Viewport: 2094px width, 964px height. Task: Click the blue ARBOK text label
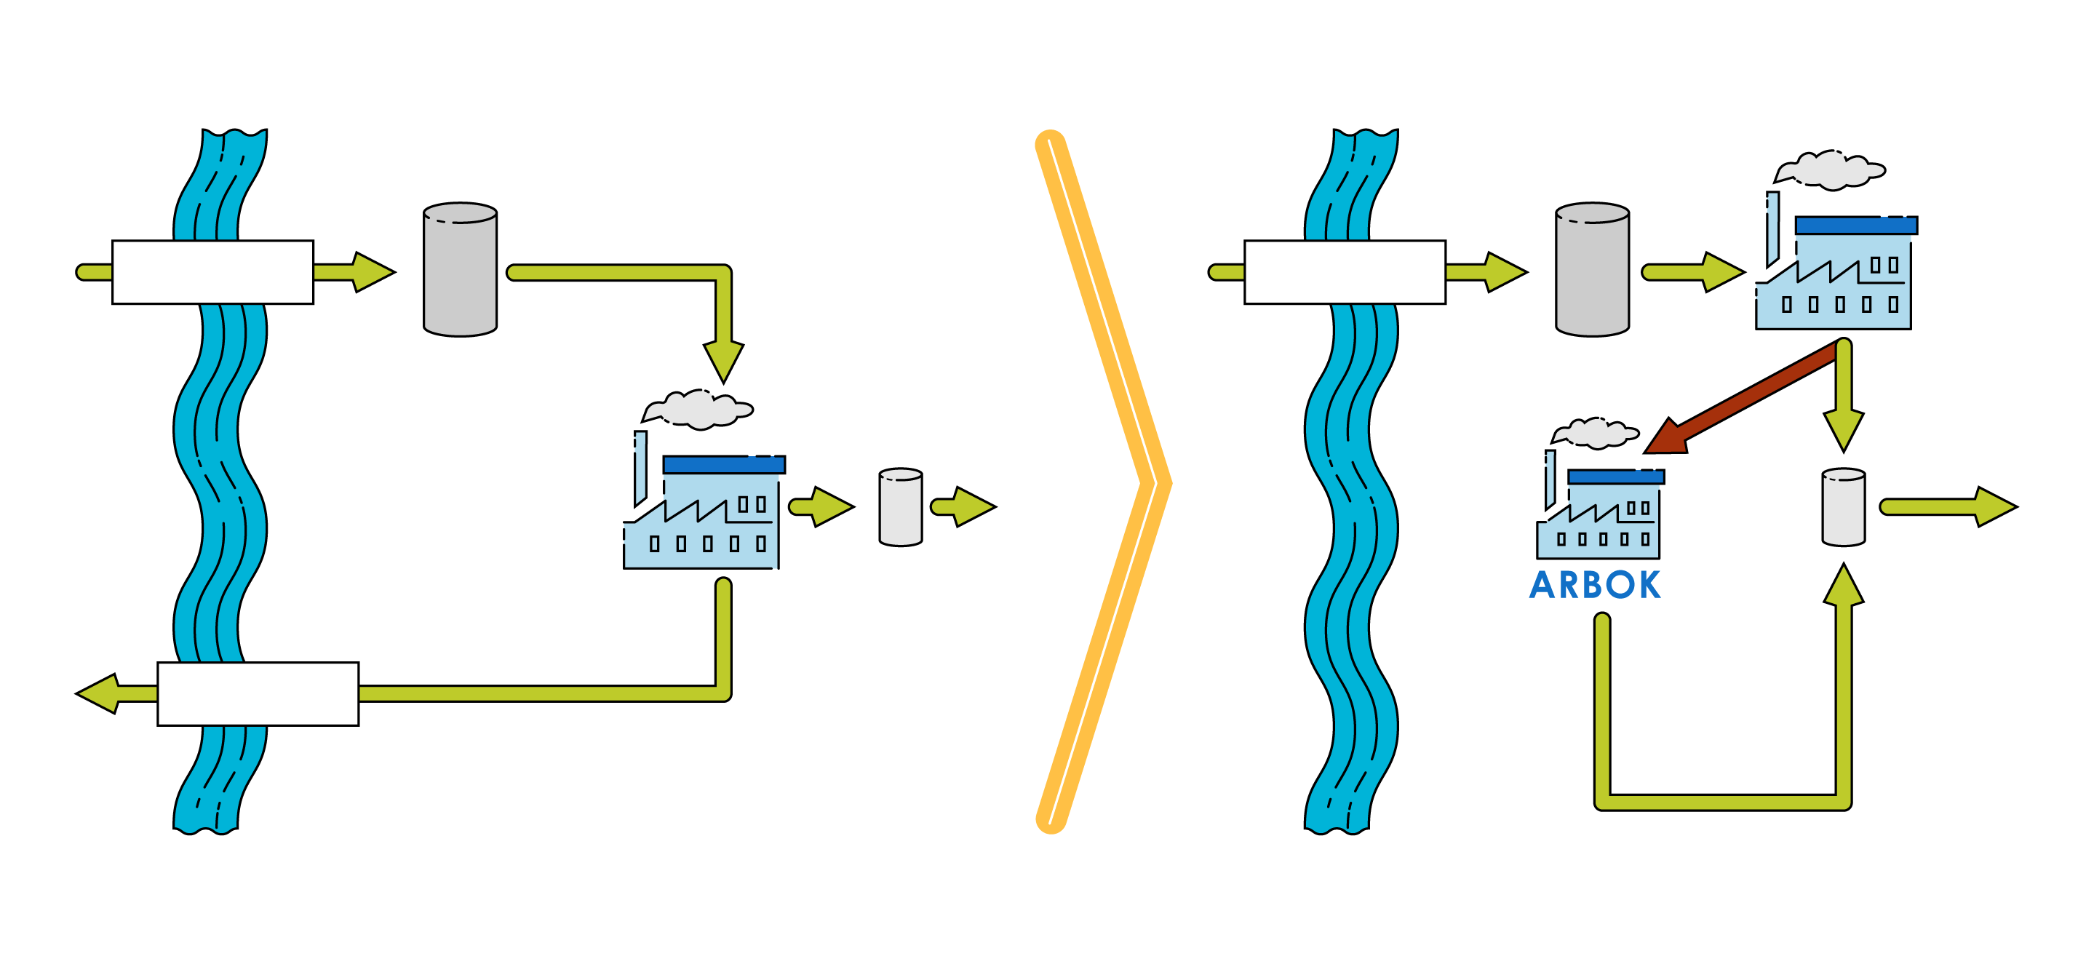tap(1595, 585)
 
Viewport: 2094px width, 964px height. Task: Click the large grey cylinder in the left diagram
tap(460, 270)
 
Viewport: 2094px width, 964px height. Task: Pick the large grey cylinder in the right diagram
tap(1592, 270)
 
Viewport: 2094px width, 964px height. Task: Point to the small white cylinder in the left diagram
tap(901, 507)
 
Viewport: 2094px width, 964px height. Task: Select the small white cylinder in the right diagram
tap(1844, 507)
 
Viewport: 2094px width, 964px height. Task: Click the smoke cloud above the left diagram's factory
tap(699, 409)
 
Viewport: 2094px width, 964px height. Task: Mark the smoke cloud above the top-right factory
tap(1831, 170)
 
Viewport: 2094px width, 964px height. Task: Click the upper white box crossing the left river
tap(212, 272)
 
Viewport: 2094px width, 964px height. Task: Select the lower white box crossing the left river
tap(258, 693)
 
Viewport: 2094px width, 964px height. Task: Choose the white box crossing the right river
tap(1345, 272)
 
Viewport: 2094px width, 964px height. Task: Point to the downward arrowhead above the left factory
tap(723, 360)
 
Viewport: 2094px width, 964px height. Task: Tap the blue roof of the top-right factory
tap(1856, 225)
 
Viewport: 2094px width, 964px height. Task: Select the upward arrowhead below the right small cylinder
tap(1844, 587)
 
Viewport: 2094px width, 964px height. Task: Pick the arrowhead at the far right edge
tap(1993, 507)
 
